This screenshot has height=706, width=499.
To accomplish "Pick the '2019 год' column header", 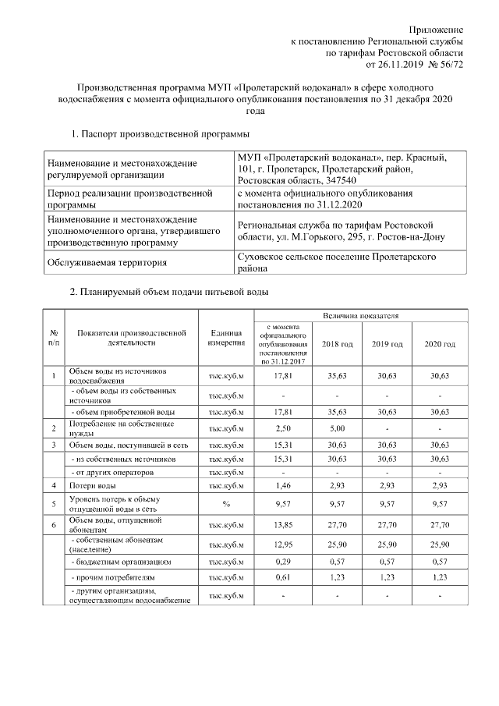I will coord(388,344).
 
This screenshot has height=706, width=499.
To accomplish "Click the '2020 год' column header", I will coord(440,344).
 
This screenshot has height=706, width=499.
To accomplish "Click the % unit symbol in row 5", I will coord(226,504).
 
